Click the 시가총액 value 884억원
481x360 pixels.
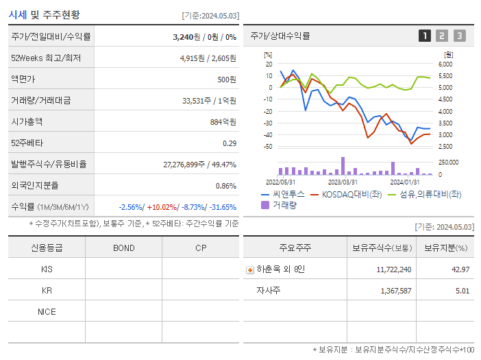click(223, 122)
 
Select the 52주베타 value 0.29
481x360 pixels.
click(229, 143)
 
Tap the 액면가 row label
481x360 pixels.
click(25, 80)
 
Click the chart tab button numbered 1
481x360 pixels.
click(425, 36)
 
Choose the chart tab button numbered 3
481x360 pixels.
click(460, 36)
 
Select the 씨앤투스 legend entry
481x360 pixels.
click(281, 194)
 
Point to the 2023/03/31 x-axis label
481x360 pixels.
click(343, 182)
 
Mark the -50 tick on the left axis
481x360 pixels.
click(267, 146)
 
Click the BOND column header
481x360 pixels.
click(123, 248)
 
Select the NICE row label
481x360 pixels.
click(47, 311)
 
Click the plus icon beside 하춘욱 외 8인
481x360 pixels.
click(250, 269)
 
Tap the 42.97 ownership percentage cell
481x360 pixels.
click(460, 269)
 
